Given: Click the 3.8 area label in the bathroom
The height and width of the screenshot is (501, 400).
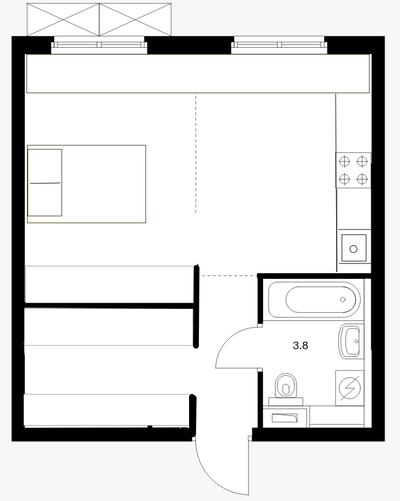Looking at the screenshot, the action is point(301,345).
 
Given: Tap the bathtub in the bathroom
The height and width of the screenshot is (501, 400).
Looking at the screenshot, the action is point(314,300).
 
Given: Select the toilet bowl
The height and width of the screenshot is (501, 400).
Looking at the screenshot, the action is point(286,385).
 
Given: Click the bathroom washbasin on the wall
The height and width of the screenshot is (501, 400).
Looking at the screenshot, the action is point(351,341).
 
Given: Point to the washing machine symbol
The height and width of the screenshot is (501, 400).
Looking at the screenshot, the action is point(349,388).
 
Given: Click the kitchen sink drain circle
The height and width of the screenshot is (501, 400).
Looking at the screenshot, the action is point(353,249).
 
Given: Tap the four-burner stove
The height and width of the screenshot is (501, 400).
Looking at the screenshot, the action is point(353,170).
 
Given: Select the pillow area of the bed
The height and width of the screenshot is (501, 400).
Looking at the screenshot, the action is point(45,183).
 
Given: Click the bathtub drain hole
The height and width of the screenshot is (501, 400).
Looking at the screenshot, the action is point(343,300).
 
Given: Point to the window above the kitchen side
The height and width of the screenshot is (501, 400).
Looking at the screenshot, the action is point(279,45).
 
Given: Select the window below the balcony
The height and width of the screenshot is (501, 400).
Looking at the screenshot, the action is point(99,45).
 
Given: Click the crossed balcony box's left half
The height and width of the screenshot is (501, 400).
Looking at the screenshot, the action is point(63,20).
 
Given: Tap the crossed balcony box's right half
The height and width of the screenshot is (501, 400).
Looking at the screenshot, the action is point(136,20).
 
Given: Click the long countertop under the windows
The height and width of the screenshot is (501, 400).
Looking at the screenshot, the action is point(198,74).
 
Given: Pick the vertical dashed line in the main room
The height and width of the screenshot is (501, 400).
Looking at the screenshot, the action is point(196,153).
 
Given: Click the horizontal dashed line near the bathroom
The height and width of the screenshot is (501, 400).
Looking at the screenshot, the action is point(229,276).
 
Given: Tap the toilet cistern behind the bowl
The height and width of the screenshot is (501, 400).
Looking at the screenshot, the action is point(286,401).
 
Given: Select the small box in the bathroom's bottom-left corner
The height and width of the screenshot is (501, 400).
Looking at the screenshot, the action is point(284,417).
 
